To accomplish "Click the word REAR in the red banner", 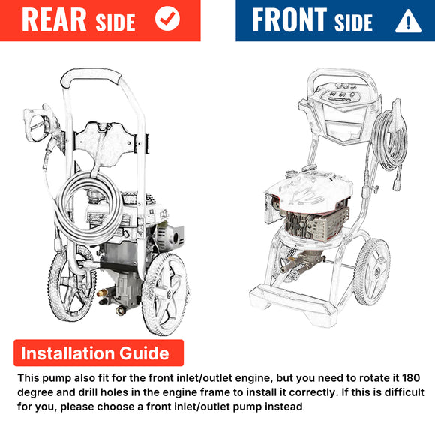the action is [54, 19].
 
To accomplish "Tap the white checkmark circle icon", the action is [167, 19].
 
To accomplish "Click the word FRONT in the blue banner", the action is [289, 19].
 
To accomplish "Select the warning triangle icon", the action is [408, 21].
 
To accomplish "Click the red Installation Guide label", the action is [98, 352].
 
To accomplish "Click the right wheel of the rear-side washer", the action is [166, 294].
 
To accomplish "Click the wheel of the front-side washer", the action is [372, 271].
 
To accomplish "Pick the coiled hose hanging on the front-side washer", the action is [390, 142].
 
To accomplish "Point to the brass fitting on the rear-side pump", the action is [102, 292].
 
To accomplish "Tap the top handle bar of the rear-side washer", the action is [91, 75].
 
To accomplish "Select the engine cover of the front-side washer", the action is [308, 191].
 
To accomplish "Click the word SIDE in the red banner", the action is [115, 22].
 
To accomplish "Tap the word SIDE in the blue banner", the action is [353, 22].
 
